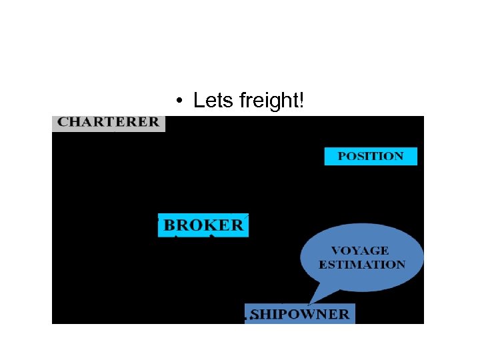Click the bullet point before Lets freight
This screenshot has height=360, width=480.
coord(179,101)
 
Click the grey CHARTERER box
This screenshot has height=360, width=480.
coord(108,123)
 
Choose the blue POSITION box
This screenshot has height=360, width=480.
coord(371,156)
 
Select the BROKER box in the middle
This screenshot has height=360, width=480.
coord(203,225)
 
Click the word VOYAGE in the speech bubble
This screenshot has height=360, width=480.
coord(360,251)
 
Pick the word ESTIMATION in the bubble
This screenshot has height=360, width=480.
coord(362,265)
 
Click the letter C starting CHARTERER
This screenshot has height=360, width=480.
coord(63,123)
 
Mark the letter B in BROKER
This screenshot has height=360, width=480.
coord(169,225)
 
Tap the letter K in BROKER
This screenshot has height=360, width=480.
coord(209,225)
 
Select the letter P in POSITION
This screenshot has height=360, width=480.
coord(342,156)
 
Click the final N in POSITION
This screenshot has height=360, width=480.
coord(398,156)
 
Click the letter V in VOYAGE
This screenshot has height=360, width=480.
coord(336,251)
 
